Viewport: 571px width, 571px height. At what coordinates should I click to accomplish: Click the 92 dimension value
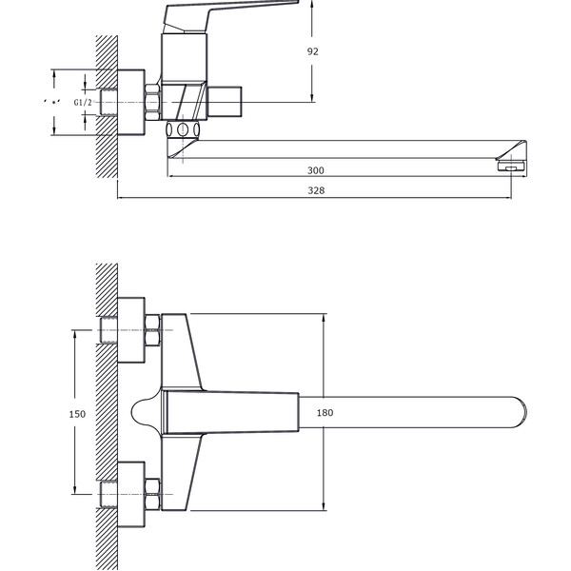tap(313, 52)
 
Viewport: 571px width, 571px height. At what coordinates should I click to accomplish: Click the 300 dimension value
tap(315, 170)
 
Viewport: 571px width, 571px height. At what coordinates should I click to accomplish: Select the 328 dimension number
tap(315, 191)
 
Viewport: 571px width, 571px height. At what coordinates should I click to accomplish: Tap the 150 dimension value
tap(78, 414)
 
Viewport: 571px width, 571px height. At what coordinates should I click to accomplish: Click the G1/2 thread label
tap(83, 102)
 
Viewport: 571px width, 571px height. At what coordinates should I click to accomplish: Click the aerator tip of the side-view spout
tap(511, 167)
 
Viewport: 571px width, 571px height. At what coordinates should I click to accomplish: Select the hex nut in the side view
tap(151, 101)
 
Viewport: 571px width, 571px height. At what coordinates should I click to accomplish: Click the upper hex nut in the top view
tap(151, 337)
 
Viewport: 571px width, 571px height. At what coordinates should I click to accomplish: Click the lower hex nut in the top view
tap(151, 493)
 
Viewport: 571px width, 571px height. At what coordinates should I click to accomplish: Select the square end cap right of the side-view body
tap(227, 100)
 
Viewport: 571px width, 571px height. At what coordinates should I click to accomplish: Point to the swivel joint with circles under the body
tap(184, 129)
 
